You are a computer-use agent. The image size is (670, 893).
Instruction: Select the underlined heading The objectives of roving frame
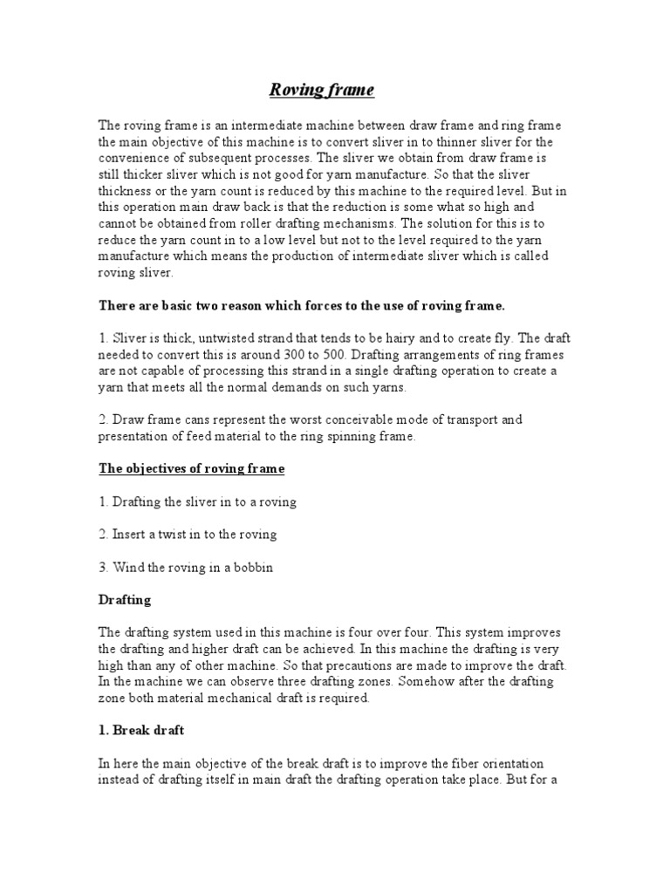191,469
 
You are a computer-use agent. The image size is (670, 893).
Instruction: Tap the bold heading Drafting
125,600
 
